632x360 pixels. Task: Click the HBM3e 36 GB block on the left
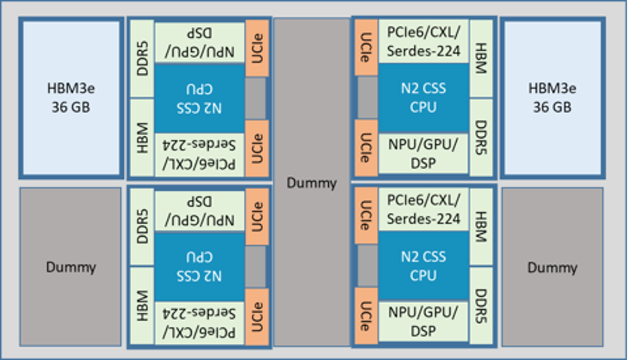pyautogui.click(x=71, y=98)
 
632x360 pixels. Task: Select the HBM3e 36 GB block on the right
pyautogui.click(x=552, y=98)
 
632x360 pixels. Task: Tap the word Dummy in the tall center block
pyautogui.click(x=312, y=183)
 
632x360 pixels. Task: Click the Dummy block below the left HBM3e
pyautogui.click(x=71, y=267)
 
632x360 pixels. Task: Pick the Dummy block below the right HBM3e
pyautogui.click(x=552, y=267)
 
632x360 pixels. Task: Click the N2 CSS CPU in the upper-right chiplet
pyautogui.click(x=423, y=98)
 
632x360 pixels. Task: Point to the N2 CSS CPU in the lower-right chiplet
pyautogui.click(x=423, y=267)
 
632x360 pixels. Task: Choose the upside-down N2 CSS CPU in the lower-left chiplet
pyautogui.click(x=200, y=267)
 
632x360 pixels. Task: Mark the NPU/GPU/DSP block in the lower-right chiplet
pyautogui.click(x=423, y=323)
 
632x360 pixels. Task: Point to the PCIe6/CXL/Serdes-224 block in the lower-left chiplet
pyautogui.click(x=200, y=323)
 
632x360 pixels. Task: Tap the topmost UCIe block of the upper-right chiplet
pyautogui.click(x=365, y=48)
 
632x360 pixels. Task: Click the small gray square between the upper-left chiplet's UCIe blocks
pyautogui.click(x=255, y=98)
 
